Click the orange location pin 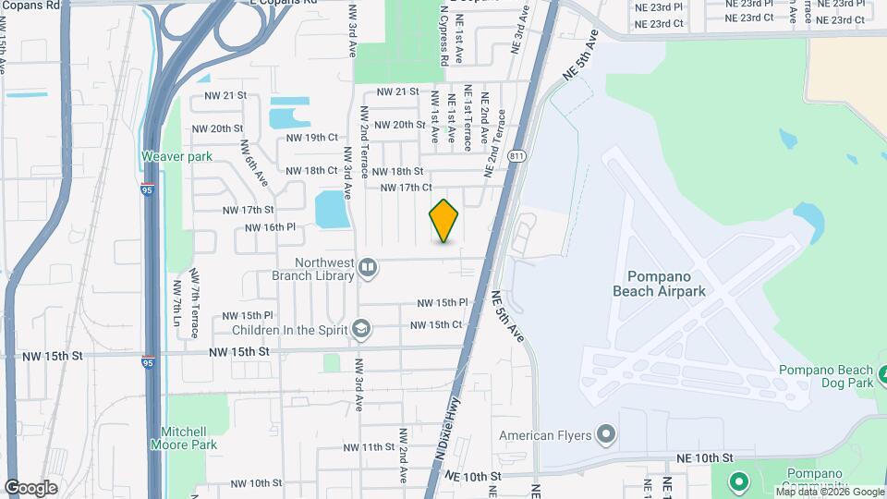click(x=444, y=221)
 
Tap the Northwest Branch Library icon click(x=368, y=268)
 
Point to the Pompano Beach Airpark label click(x=659, y=283)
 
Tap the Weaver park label click(x=176, y=156)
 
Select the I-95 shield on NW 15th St click(x=148, y=362)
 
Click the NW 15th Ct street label click(x=436, y=324)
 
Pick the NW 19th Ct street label click(x=312, y=137)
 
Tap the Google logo click(x=30, y=488)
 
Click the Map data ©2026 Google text click(x=829, y=492)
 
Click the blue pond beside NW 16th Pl click(x=331, y=211)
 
